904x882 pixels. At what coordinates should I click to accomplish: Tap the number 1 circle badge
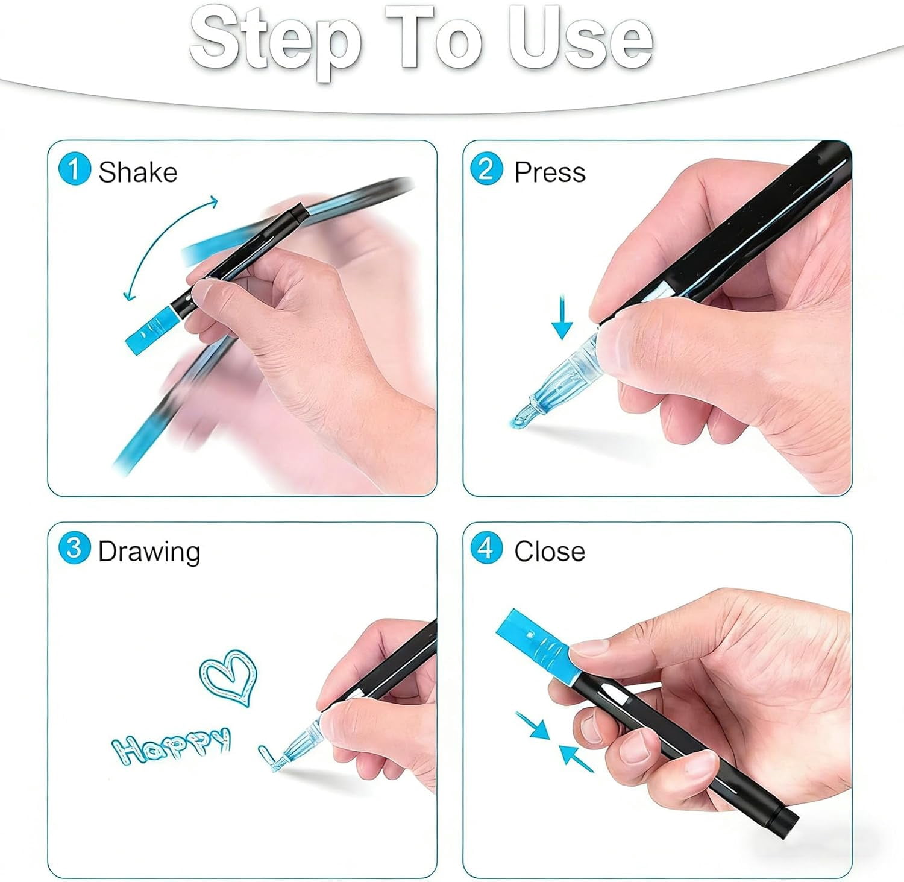point(75,169)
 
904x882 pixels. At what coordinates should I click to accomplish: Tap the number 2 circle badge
point(486,169)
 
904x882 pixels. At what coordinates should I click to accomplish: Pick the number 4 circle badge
point(486,548)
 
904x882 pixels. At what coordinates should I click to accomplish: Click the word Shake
point(138,172)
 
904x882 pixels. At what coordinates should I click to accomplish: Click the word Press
point(550,172)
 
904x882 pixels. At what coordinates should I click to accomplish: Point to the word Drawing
point(149,552)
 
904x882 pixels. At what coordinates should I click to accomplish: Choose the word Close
point(550,552)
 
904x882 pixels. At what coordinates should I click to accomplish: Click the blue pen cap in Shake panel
point(151,330)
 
